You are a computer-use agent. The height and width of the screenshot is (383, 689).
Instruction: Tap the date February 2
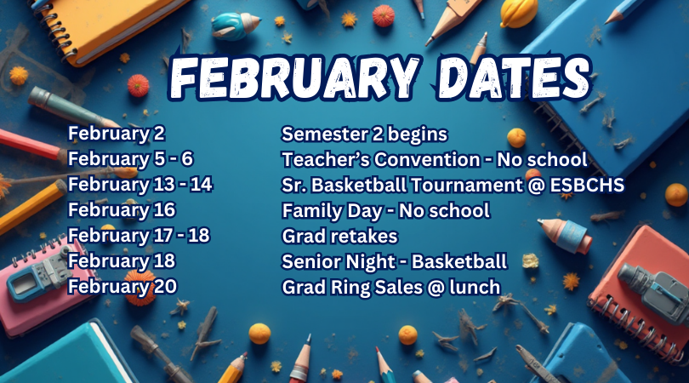pos(117,133)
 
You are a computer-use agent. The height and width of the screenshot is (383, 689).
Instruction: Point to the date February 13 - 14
pos(140,184)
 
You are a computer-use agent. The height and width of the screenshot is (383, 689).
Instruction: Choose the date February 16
pos(122,209)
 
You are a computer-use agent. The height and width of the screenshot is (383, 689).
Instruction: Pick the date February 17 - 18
pos(139,235)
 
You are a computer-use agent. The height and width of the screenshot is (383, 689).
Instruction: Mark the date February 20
pos(122,286)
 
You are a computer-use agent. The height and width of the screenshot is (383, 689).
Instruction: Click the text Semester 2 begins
pos(364,134)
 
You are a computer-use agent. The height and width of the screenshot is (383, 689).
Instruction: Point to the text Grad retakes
pos(339,236)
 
